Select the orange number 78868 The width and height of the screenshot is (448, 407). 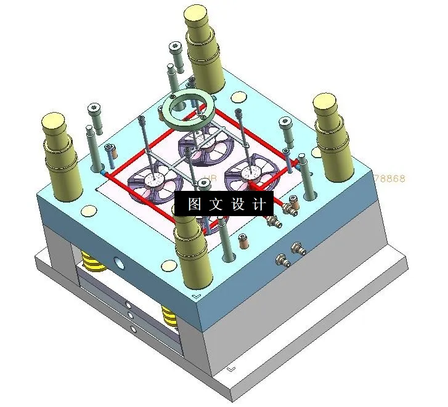(389, 179)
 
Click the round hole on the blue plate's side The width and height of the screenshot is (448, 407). (118, 264)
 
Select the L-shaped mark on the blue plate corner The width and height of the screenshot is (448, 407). (197, 296)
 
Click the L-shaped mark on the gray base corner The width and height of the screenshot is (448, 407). (230, 369)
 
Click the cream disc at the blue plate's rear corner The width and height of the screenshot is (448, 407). (237, 97)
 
